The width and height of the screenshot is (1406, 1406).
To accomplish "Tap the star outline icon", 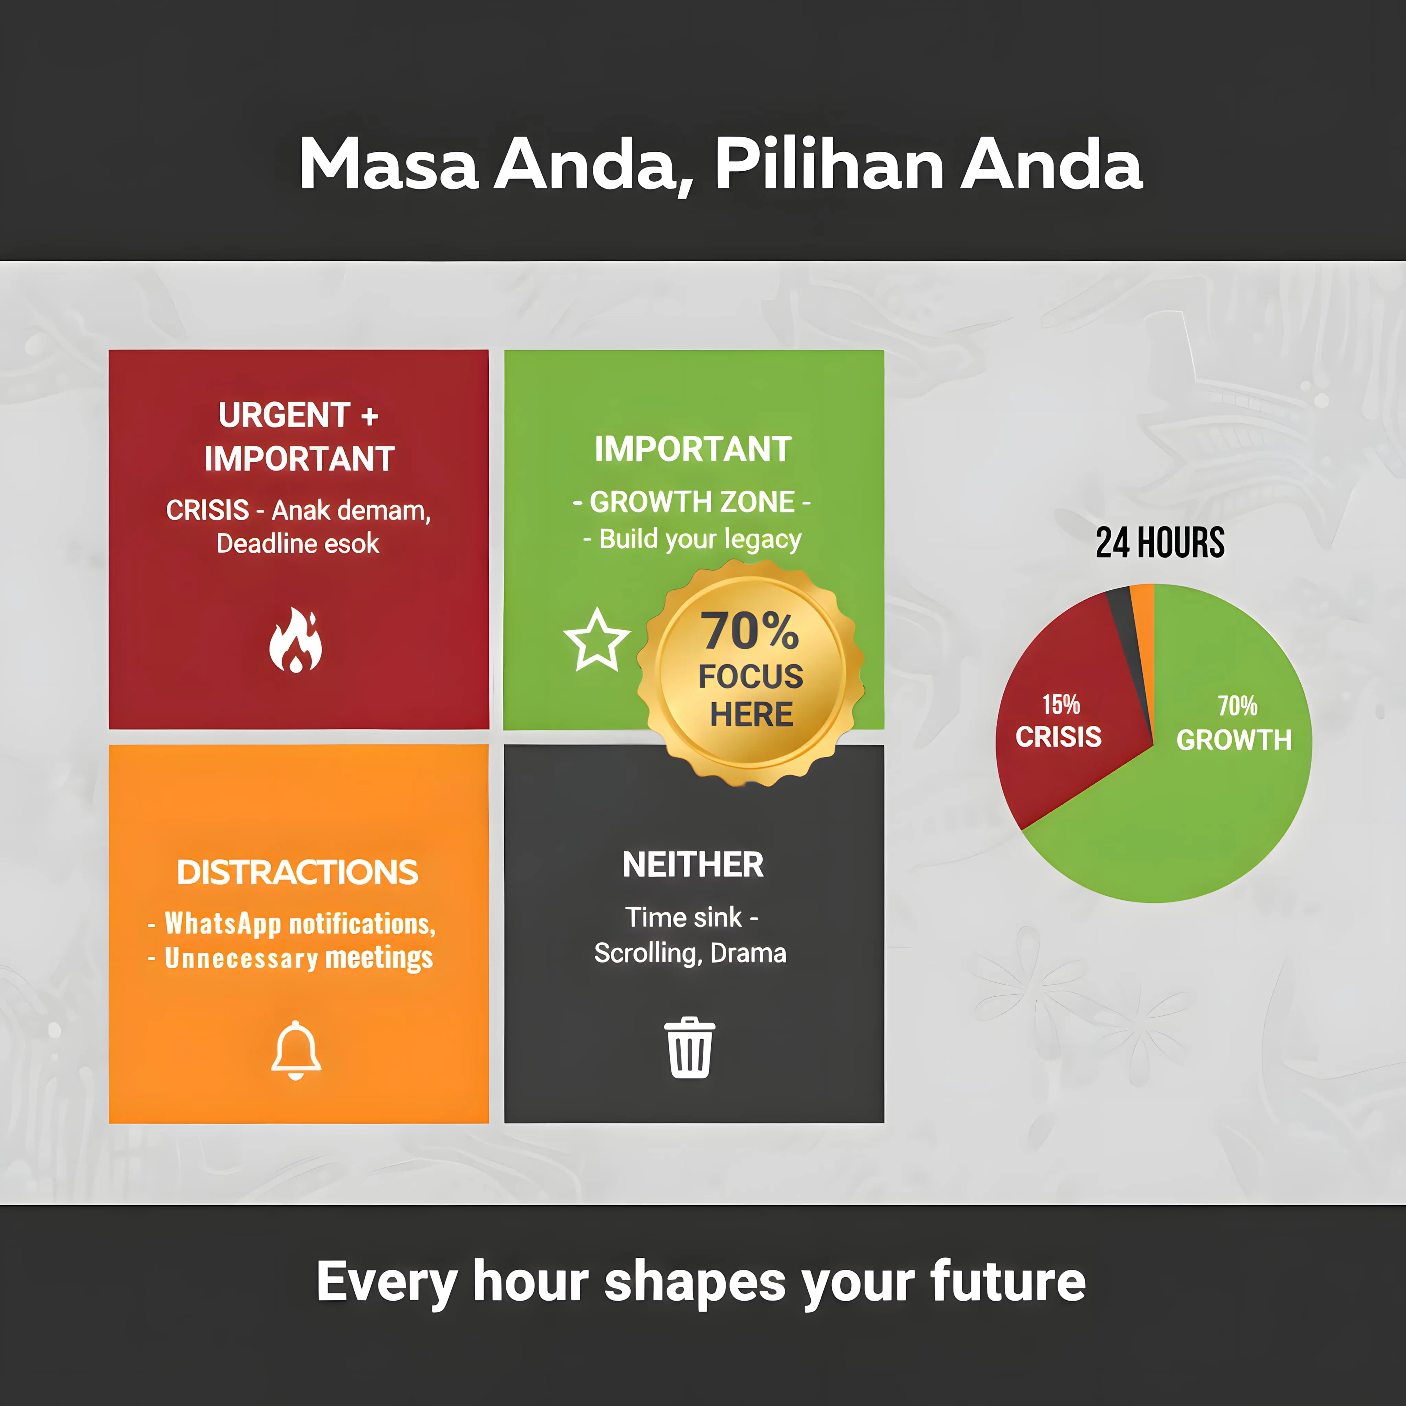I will point(597,641).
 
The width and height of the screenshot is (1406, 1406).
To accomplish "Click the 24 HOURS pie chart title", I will point(1160,543).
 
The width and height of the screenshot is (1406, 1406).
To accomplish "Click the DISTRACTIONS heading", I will point(298,872).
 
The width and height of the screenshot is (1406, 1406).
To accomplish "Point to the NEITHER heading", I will point(693,865).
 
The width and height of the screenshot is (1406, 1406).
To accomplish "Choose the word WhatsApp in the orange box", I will point(223,923).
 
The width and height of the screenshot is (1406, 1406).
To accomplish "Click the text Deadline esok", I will point(298,544).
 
